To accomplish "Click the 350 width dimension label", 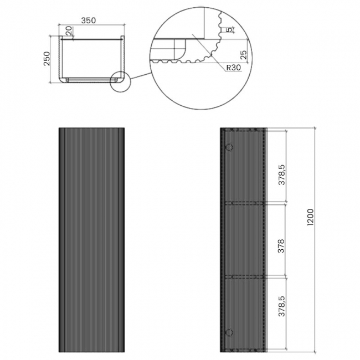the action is pos(89,20).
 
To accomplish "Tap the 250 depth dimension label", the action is pos(47,59).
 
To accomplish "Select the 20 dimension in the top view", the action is pos(69,31).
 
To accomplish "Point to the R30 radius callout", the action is pos(234,68).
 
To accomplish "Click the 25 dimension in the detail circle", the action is pos(243,55).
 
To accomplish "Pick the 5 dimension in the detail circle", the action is pos(230,29).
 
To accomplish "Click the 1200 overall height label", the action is pos(310,217).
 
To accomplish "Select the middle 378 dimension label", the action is pos(281,246).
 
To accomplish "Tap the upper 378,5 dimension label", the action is pos(281,174).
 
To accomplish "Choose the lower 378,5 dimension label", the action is pos(281,306).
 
